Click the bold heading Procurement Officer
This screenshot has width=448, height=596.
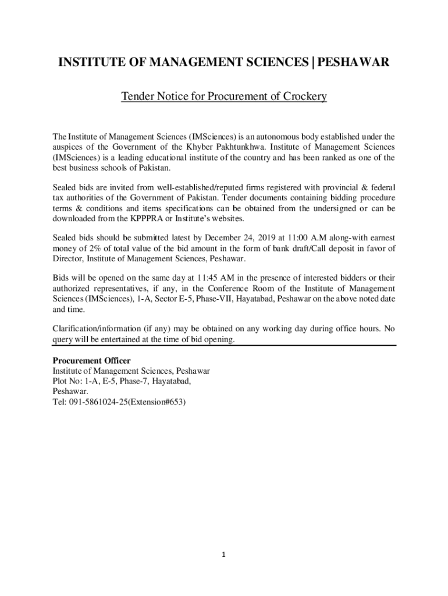coord(92,361)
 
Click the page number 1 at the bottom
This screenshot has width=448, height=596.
coord(223,555)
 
